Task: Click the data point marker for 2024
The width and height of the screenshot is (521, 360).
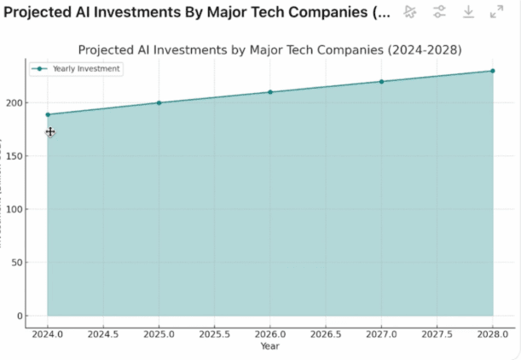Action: (x=48, y=114)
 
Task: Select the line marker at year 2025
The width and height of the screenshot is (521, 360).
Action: (x=159, y=103)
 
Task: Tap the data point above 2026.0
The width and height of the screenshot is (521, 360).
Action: (x=270, y=92)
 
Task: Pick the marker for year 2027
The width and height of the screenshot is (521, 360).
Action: (x=381, y=82)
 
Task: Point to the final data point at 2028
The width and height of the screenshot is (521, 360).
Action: (x=492, y=71)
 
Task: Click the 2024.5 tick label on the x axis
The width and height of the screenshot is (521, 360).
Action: (x=103, y=335)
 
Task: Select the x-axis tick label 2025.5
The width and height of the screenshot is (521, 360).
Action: (x=215, y=335)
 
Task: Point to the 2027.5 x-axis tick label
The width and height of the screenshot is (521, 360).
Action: (x=437, y=335)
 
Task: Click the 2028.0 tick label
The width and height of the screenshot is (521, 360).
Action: (x=492, y=335)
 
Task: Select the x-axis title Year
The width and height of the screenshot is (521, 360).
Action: (x=269, y=346)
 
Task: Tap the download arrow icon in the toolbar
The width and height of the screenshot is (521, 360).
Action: (x=468, y=12)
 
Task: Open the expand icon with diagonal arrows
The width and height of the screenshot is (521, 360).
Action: (x=497, y=12)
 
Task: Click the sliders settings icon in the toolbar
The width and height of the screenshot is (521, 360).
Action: (x=439, y=12)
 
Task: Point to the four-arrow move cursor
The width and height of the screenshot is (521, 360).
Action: (x=50, y=132)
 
